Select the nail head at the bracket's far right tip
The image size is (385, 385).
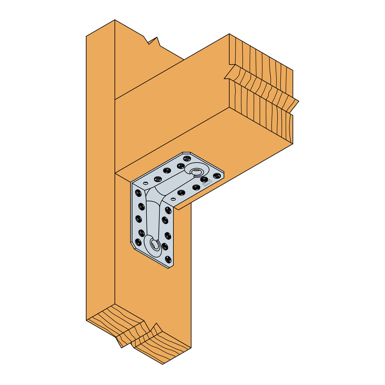(216, 175)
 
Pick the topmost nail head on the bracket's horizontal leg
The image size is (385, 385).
(187, 158)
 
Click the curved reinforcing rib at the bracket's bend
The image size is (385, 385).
(154, 197)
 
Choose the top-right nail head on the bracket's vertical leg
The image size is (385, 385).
(168, 210)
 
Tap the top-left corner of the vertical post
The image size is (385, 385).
(87, 36)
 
